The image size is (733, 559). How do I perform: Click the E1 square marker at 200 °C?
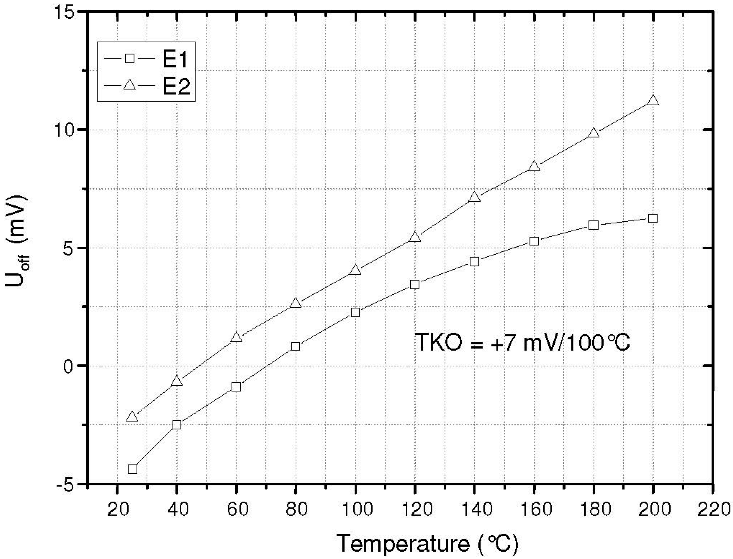[653, 218]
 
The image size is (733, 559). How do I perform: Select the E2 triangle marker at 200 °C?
[653, 101]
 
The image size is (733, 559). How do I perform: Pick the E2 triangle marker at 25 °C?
[132, 417]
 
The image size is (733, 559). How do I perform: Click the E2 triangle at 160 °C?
[534, 166]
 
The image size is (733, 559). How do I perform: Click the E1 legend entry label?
[175, 60]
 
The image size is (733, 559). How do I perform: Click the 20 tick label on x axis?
[117, 509]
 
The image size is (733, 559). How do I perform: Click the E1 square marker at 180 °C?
[593, 225]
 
